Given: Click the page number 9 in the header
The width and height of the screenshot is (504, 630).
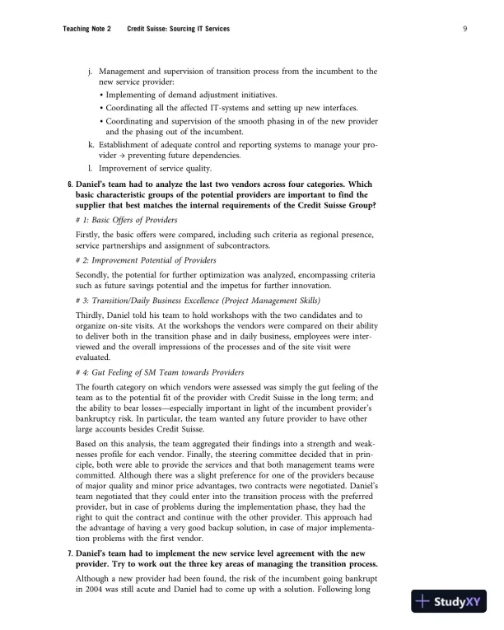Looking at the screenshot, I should (x=465, y=30).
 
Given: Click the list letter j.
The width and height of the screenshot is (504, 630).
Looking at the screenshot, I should (x=89, y=72).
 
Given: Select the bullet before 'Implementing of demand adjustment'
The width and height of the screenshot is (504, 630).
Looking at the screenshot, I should (x=101, y=96).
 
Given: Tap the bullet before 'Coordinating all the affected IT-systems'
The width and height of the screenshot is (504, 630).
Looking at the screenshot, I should (x=101, y=108).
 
